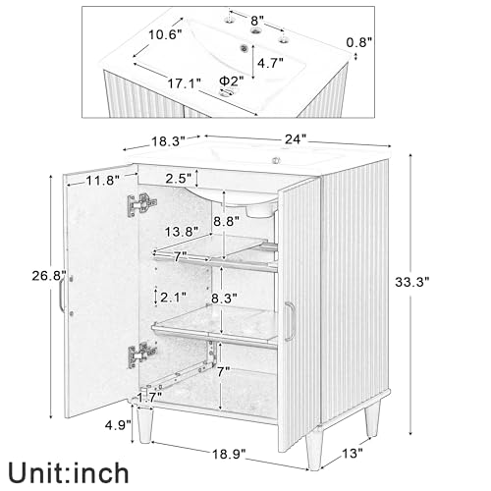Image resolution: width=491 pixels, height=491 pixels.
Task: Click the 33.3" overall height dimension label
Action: (x=411, y=282)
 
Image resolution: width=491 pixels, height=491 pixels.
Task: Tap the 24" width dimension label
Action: (x=296, y=139)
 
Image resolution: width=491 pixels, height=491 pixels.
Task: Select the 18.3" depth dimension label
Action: (x=168, y=141)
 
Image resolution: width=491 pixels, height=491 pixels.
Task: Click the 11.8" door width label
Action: (x=102, y=180)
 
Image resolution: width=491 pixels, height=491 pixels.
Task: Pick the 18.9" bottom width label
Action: (x=229, y=454)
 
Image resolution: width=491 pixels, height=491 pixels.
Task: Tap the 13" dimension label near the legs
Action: (x=353, y=454)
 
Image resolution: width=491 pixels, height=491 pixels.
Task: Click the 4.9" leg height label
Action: (x=118, y=425)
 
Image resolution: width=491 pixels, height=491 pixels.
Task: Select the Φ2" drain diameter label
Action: (x=232, y=81)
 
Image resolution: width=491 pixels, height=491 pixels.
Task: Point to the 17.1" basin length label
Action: (x=185, y=83)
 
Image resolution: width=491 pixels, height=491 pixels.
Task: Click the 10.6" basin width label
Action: (x=166, y=34)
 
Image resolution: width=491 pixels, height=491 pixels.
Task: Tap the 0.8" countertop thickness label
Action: (x=359, y=42)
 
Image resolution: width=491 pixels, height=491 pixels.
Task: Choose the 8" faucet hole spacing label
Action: (x=257, y=21)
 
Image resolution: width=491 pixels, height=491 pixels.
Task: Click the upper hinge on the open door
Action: (x=141, y=204)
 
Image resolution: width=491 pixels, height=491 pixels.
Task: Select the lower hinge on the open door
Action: (x=141, y=355)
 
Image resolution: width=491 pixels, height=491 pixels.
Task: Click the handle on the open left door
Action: (x=62, y=296)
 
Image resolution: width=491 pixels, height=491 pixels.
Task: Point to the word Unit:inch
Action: (x=69, y=473)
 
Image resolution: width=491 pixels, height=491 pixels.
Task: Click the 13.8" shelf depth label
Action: (x=182, y=232)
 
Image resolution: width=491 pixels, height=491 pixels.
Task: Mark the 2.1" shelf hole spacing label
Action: (x=174, y=298)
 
